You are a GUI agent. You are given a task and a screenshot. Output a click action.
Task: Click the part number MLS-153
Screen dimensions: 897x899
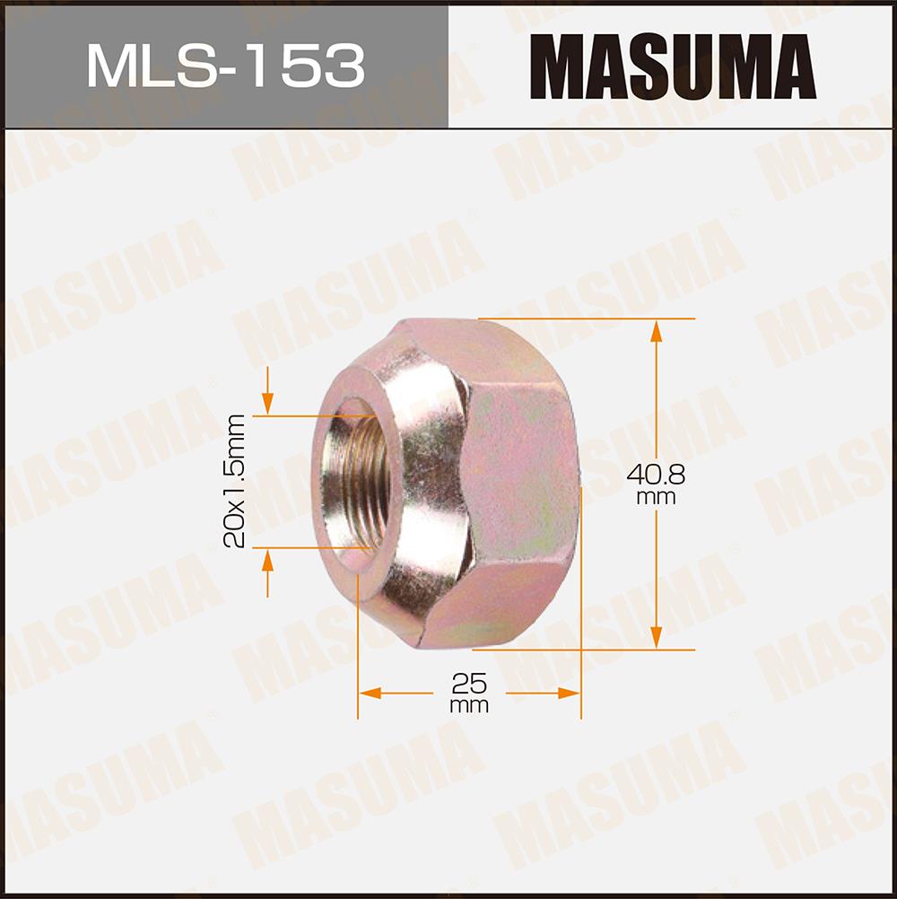pyautogui.click(x=225, y=65)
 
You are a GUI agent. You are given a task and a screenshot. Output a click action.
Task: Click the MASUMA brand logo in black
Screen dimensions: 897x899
pyautogui.click(x=673, y=66)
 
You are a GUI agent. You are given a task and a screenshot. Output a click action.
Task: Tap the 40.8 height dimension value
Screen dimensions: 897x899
pyautogui.click(x=656, y=475)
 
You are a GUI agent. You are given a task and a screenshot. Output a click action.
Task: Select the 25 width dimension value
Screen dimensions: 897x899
pyautogui.click(x=469, y=683)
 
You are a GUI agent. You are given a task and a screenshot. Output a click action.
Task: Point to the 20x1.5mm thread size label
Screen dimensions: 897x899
pyautogui.click(x=234, y=481)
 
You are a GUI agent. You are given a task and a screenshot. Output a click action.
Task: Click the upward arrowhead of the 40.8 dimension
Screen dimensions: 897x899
pyautogui.click(x=657, y=331)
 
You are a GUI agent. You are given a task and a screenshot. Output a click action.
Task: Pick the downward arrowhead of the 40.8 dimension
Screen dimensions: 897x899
pyautogui.click(x=657, y=638)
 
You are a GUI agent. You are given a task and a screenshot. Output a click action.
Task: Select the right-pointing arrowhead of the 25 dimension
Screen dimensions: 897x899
pyautogui.click(x=569, y=694)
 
